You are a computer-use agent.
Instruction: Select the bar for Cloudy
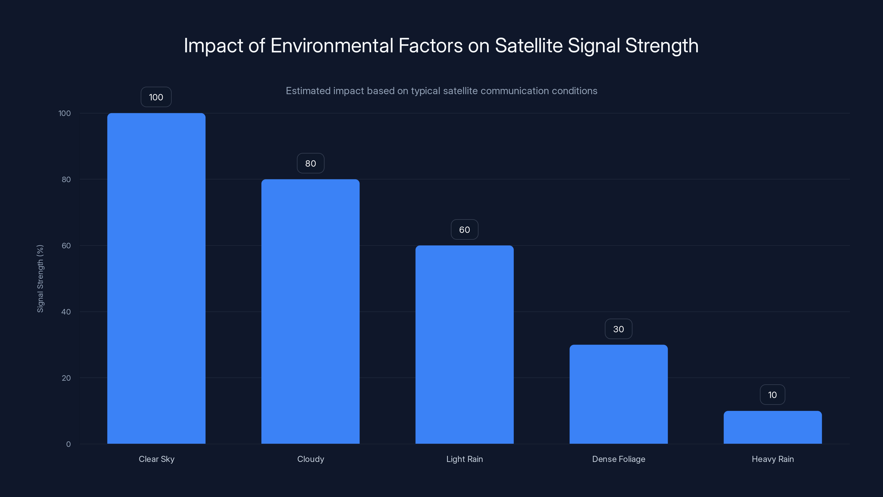[310, 311]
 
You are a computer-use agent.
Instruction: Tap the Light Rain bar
[464, 344]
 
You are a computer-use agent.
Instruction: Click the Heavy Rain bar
[773, 427]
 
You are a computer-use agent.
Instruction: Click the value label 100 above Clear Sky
[156, 97]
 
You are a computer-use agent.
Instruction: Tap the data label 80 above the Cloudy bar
[310, 163]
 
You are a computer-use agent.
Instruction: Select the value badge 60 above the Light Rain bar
[464, 229]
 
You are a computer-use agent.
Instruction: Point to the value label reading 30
[618, 329]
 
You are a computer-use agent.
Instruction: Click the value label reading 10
[772, 395]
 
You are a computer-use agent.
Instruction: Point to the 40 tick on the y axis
[66, 312]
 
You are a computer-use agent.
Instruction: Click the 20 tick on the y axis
[66, 378]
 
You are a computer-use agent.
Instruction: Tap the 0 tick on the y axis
[68, 444]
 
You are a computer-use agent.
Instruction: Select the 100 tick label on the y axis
[65, 113]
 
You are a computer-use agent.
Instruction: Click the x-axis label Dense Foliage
[618, 459]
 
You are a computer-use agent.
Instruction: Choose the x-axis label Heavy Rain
[773, 459]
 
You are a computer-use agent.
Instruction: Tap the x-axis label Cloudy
[310, 459]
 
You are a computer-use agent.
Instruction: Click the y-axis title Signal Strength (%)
[40, 279]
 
